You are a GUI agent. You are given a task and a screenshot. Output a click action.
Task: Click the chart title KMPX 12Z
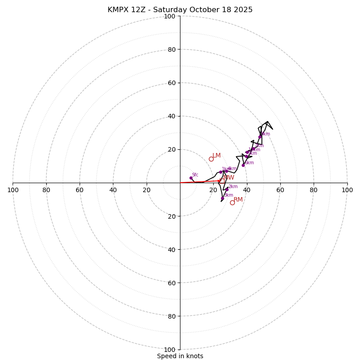pos(180,10)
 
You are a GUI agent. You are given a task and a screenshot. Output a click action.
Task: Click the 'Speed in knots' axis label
pos(180,356)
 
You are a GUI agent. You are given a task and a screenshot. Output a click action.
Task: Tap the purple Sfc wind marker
pos(191,178)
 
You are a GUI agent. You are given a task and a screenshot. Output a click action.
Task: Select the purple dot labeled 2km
pos(227,189)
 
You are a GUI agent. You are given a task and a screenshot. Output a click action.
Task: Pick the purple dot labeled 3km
pos(222,198)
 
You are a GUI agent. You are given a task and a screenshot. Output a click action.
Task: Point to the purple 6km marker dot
pos(243,165)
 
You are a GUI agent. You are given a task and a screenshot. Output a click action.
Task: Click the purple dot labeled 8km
pos(260,137)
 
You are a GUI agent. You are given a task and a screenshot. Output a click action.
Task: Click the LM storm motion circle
pos(211,159)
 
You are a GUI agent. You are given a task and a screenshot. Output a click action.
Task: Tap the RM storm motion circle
pos(232,202)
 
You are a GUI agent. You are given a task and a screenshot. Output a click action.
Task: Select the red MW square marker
pos(222,180)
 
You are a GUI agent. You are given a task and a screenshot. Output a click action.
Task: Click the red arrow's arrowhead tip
pos(221,181)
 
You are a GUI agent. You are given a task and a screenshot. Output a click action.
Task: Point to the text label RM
pos(238,199)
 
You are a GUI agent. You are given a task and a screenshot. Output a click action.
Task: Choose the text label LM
pos(216,155)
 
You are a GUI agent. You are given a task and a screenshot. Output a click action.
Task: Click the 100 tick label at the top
pos(169,16)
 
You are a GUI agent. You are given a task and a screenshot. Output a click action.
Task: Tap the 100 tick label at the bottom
pos(169,349)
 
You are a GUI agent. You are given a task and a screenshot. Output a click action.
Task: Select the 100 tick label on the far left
pos(13,190)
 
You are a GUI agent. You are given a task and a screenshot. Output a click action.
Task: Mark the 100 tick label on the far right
pos(347,190)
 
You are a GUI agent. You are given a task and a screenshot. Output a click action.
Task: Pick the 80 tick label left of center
pos(46,190)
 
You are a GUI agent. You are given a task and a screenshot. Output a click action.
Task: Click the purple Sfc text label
pos(195,175)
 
